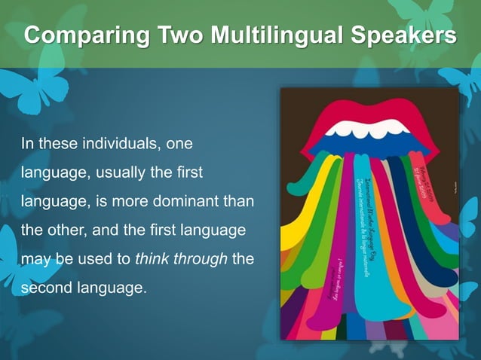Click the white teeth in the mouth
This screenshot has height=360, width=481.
tap(369, 129)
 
